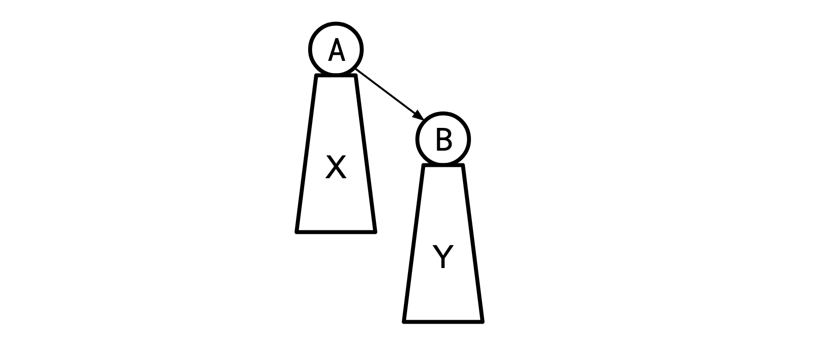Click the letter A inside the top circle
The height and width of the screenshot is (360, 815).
[336, 50]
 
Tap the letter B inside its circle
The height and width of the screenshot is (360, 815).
[443, 140]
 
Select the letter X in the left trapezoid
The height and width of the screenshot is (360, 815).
[336, 167]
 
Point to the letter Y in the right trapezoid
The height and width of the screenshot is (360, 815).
[443, 257]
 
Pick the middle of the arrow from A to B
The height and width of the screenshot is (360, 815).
[389, 93]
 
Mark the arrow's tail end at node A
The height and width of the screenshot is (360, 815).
[357, 70]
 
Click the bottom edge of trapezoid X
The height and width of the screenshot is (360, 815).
[336, 232]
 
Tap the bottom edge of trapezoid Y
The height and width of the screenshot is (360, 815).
[443, 321]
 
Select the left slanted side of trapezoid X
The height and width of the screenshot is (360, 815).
[306, 153]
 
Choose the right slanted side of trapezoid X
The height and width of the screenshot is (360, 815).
[365, 153]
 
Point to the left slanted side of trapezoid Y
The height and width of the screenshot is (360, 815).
[414, 243]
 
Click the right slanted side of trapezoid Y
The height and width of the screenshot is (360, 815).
[472, 243]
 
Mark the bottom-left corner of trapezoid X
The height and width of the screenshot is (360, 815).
[297, 231]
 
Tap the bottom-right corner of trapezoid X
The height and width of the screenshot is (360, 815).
[375, 231]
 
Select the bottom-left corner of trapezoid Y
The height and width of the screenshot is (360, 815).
[404, 321]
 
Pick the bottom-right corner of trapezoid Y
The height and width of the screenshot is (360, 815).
[482, 321]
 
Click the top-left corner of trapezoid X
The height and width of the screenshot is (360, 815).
[316, 76]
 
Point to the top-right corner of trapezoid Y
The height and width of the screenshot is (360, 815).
[462, 166]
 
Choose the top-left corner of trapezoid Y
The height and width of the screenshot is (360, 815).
[424, 166]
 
